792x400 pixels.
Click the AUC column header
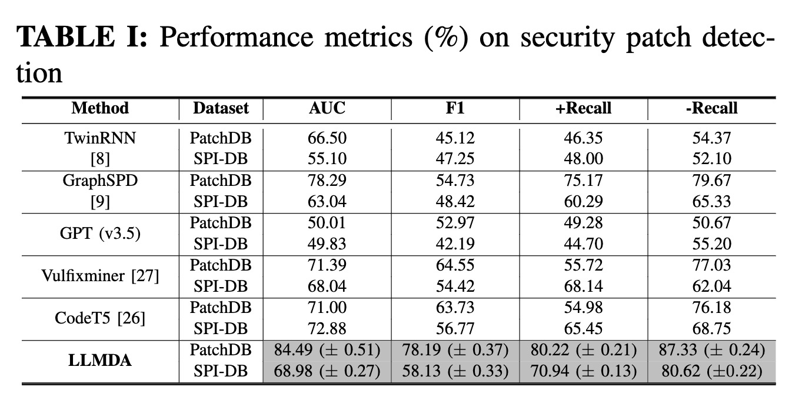click(x=327, y=108)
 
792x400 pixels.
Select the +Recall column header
click(x=583, y=108)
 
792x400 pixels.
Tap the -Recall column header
click(x=711, y=108)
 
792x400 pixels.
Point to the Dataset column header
click(x=221, y=108)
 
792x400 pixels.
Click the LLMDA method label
click(x=100, y=361)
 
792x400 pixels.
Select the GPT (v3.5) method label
click(x=100, y=234)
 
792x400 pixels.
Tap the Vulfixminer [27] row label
click(x=100, y=276)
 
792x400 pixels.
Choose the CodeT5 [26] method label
click(x=100, y=318)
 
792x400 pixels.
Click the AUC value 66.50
click(x=327, y=138)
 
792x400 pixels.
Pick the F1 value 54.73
click(x=455, y=181)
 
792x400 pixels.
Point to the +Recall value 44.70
click(x=583, y=244)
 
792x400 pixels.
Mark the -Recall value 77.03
click(x=711, y=265)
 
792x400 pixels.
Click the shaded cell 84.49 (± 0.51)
click(x=327, y=350)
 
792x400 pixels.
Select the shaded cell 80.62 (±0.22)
click(x=711, y=371)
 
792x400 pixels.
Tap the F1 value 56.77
click(x=455, y=329)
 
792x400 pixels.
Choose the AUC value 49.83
click(x=327, y=244)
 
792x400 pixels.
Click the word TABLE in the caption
click(x=66, y=36)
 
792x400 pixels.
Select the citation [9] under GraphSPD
click(x=100, y=202)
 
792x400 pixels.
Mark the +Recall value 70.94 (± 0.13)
click(x=583, y=371)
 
